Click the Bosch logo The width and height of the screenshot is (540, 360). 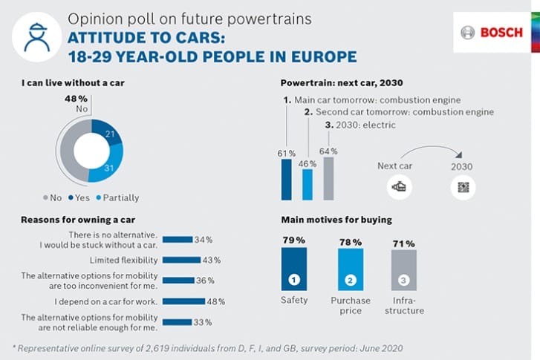coord(492,33)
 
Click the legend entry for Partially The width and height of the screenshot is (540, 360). coord(111,197)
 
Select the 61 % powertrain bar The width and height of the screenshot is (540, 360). coord(286,179)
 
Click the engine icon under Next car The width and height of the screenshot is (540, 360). coord(400,187)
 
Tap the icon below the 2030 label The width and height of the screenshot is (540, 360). coord(462,187)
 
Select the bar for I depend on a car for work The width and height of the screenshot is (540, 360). coord(183,301)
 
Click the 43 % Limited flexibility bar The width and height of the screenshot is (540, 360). coord(180,260)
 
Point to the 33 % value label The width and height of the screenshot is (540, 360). coord(204,322)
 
